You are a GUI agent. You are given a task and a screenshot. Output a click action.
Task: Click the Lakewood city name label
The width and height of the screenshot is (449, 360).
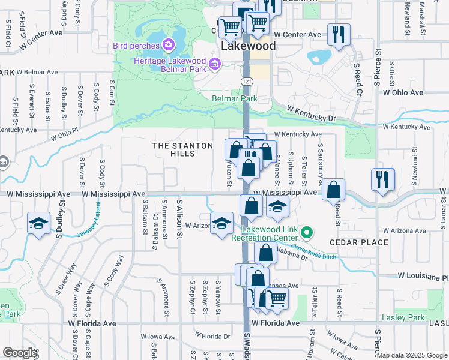tap(248, 46)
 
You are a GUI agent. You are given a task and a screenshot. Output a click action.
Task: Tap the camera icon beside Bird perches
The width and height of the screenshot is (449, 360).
tap(168, 45)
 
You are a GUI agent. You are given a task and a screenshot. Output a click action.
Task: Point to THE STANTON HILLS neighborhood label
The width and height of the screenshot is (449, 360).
tap(183, 149)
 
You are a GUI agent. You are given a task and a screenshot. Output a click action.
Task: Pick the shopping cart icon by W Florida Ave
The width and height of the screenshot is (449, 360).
tap(277, 297)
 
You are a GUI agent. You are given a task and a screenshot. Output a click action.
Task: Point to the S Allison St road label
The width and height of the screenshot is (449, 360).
tap(179, 220)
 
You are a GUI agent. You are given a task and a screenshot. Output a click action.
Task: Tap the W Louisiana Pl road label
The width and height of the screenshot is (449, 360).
tap(423, 277)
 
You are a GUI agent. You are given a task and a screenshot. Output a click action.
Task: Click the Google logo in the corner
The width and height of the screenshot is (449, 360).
tap(19, 353)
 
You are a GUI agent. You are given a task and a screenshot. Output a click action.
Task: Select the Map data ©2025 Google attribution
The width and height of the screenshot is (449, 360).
tap(412, 355)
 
